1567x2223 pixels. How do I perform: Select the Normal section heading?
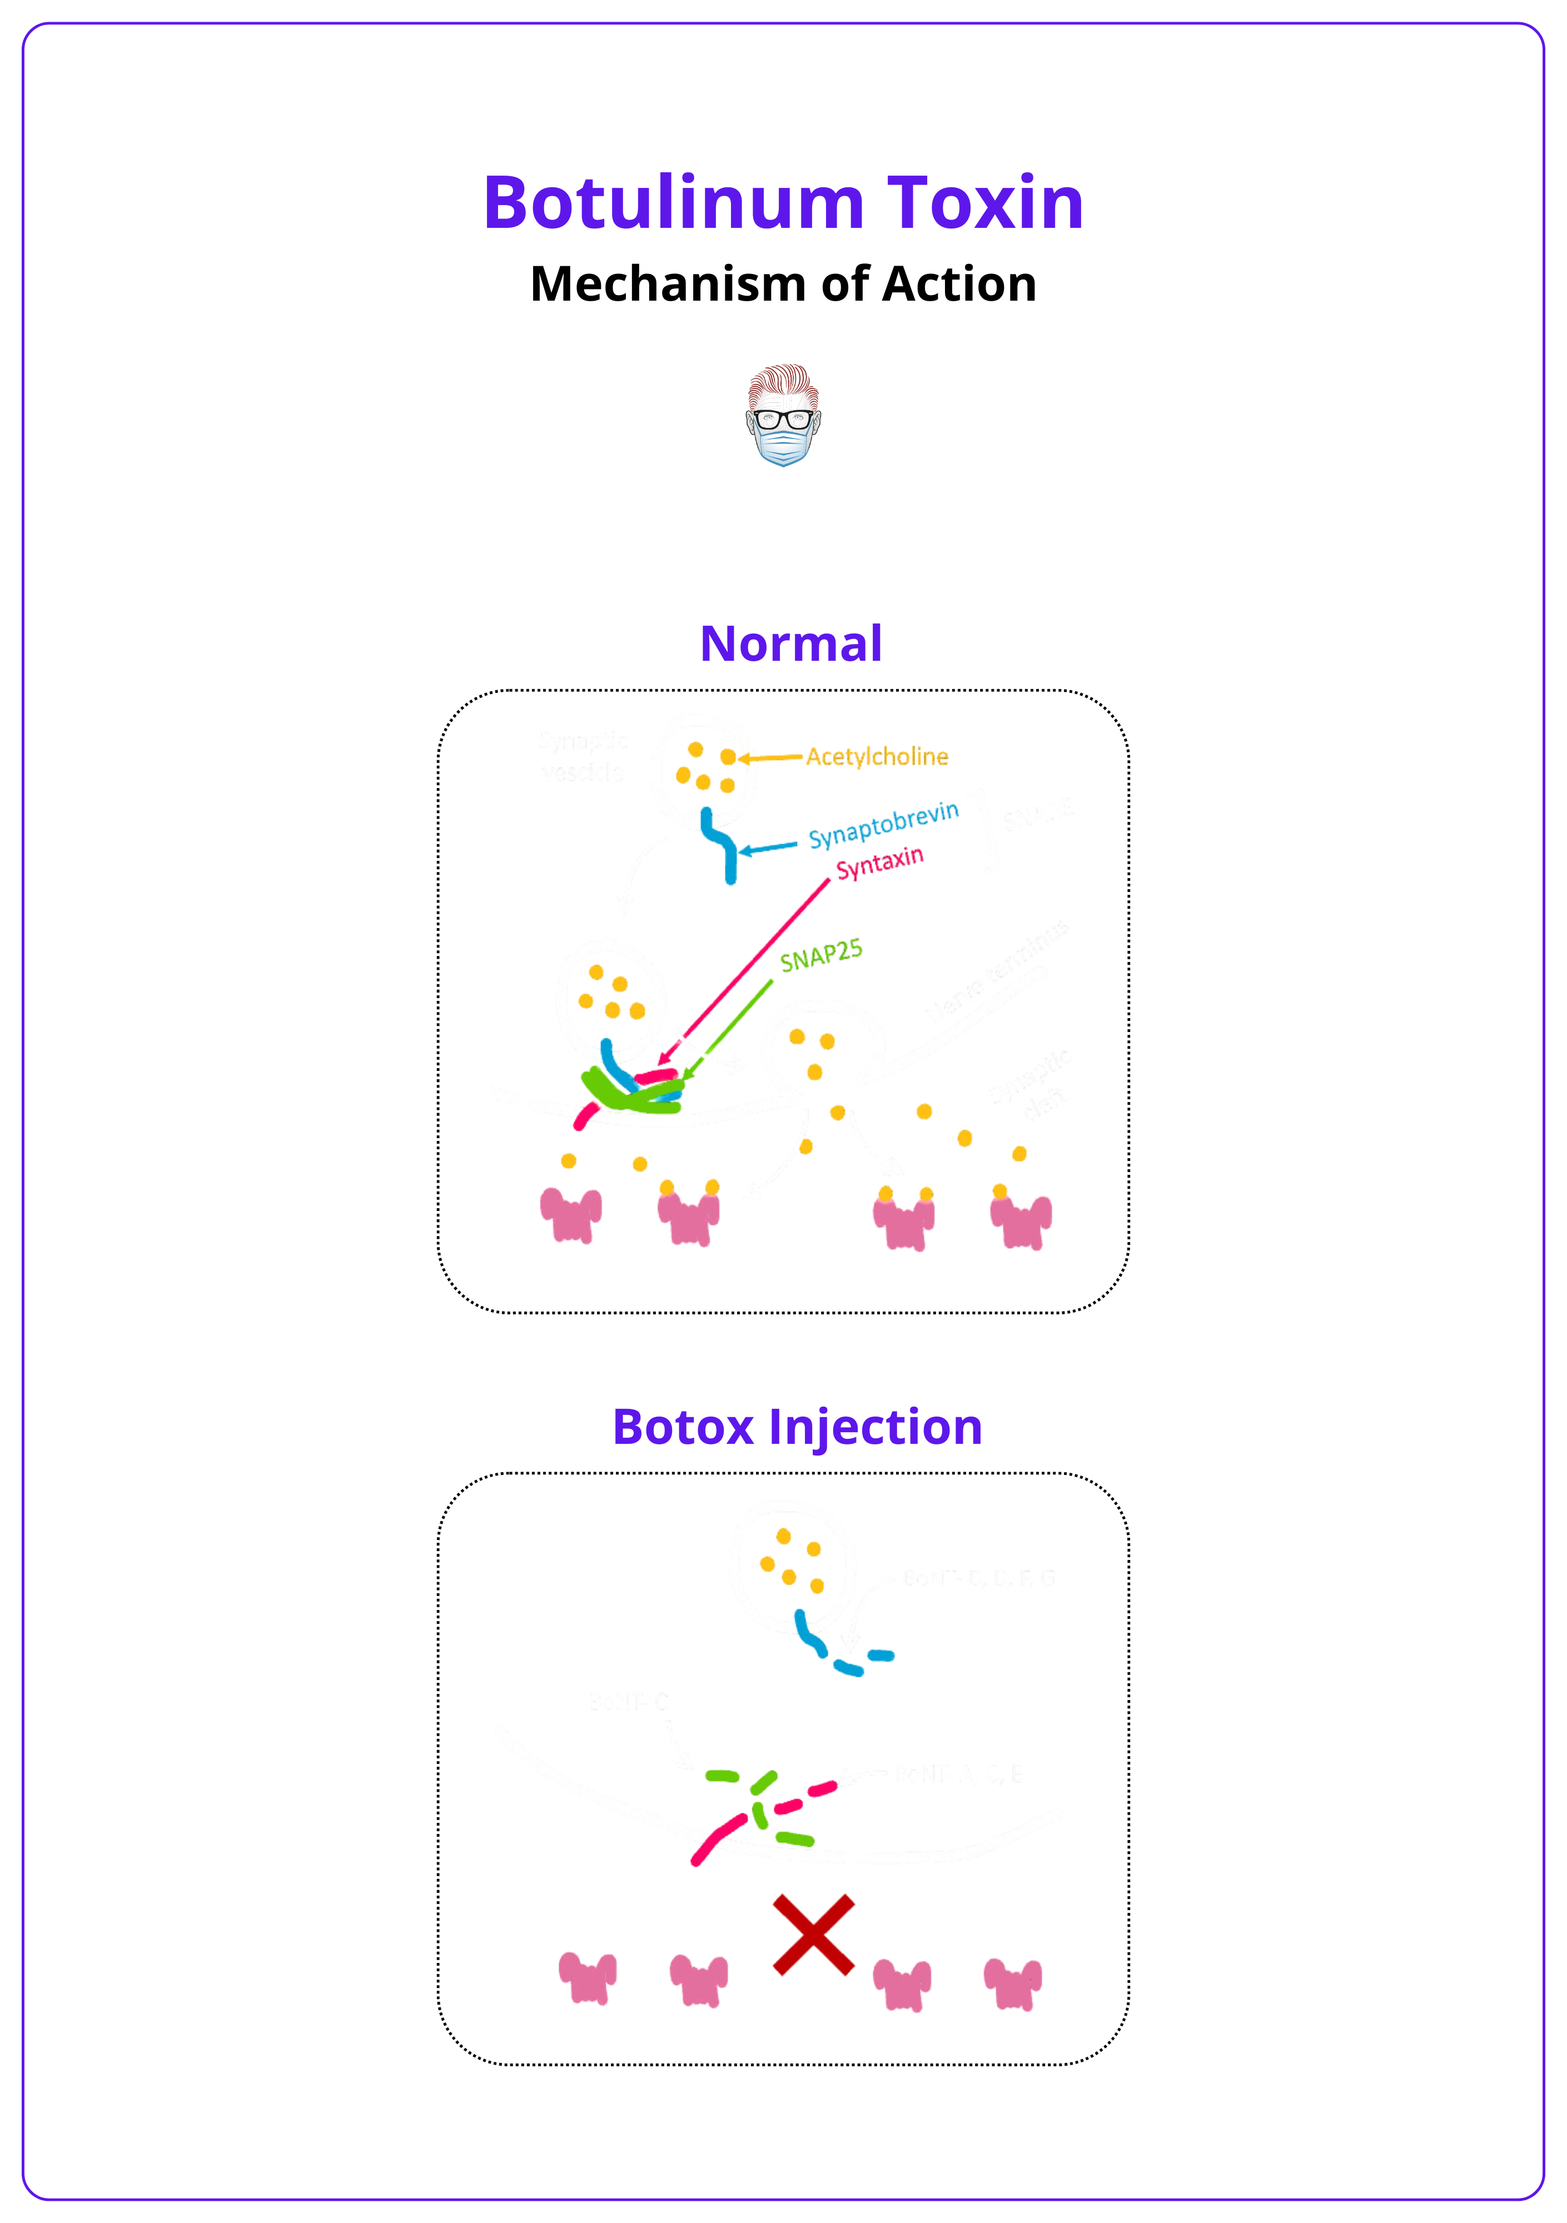[790, 644]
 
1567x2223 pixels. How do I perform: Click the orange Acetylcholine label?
[877, 756]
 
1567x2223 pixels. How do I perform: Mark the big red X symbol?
[813, 1935]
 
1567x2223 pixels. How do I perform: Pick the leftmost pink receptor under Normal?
[570, 1214]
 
